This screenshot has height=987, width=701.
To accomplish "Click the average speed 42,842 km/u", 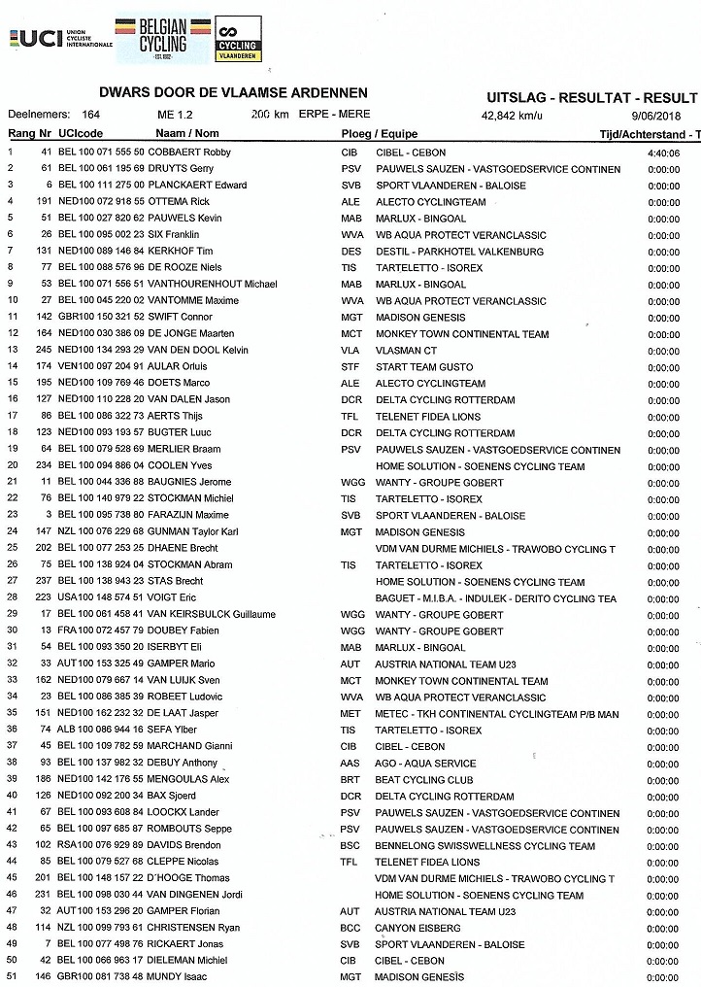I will pyautogui.click(x=512, y=115).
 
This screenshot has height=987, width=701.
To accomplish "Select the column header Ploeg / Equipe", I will pyautogui.click(x=379, y=133).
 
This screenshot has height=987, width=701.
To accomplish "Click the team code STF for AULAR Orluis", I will pyautogui.click(x=350, y=366).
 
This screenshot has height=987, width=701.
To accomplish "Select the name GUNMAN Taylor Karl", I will pyautogui.click(x=198, y=531).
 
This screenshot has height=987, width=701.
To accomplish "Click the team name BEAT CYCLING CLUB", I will pyautogui.click(x=424, y=780).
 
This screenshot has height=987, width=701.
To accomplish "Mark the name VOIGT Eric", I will pyautogui.click(x=173, y=597).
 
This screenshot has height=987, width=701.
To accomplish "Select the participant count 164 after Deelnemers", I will pyautogui.click(x=94, y=115).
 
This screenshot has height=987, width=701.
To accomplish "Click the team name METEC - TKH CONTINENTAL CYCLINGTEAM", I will pyautogui.click(x=496, y=714).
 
